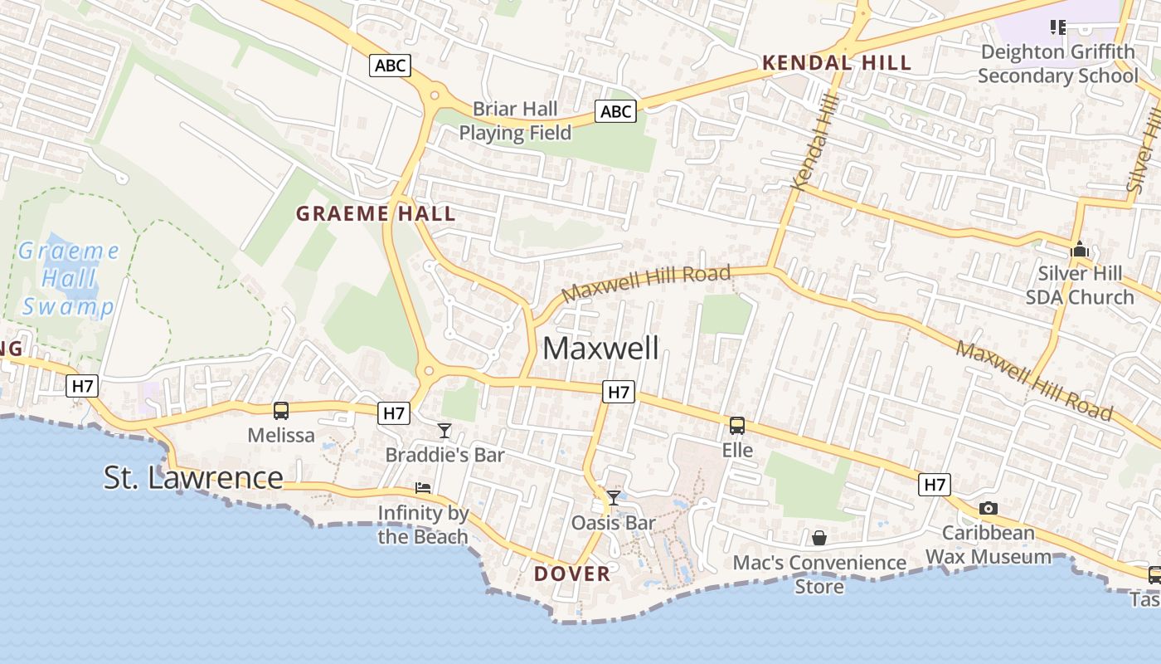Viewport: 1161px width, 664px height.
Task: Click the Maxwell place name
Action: point(601,348)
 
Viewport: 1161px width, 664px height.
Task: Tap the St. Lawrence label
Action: point(193,477)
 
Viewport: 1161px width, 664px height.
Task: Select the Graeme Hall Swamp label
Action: point(68,278)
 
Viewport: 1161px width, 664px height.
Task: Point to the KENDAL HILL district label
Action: point(837,62)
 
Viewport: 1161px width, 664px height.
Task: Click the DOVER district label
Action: point(572,574)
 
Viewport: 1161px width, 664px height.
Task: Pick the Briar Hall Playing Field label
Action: point(515,121)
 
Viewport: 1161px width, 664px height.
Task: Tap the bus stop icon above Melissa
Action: point(281,411)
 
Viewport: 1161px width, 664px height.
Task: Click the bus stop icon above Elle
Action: point(736,426)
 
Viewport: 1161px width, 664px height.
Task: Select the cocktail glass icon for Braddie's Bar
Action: point(444,430)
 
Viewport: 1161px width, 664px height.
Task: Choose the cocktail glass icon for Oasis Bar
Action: point(614,497)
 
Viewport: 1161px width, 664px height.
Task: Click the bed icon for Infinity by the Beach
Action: point(423,488)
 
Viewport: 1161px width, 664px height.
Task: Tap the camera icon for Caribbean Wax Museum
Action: point(988,508)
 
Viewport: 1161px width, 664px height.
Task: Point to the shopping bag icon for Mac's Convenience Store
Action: point(819,538)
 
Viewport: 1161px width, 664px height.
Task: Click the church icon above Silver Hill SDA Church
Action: point(1079,249)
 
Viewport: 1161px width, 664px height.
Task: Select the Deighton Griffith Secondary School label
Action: point(1058,64)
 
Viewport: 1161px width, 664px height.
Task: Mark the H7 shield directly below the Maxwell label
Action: point(619,392)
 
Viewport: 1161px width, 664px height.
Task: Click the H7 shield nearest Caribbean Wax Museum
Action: point(934,484)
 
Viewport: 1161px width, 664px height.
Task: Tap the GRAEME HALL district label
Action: point(376,213)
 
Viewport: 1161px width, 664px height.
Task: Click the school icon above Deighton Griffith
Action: point(1057,27)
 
